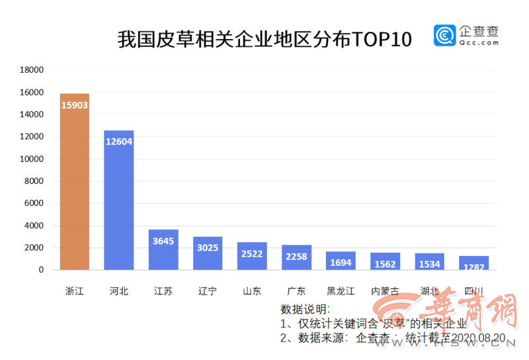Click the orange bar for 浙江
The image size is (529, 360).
click(x=74, y=181)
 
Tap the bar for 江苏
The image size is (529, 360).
click(x=163, y=249)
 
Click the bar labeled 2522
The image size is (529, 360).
click(x=252, y=256)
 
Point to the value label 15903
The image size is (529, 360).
click(x=74, y=105)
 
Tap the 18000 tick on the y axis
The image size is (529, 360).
click(x=32, y=69)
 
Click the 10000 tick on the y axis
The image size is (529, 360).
click(x=32, y=159)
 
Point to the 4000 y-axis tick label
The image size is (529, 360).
click(x=34, y=226)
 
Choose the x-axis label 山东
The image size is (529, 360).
click(x=252, y=291)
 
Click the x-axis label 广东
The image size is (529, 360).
click(x=296, y=291)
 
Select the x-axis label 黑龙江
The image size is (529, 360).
click(x=341, y=291)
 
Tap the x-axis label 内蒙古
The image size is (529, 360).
click(x=385, y=291)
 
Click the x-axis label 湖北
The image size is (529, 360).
click(x=429, y=291)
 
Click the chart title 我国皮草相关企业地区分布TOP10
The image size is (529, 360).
click(x=264, y=39)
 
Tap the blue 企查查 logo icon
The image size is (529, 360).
click(x=444, y=36)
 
